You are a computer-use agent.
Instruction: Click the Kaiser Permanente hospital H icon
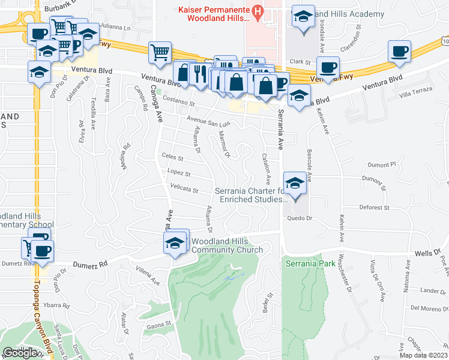coord(258,11)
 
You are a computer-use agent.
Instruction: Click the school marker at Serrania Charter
coord(294,184)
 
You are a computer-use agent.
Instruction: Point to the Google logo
coord(20,353)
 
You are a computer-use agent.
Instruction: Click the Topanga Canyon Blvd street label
coord(42,312)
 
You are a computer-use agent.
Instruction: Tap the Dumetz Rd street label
coord(90,264)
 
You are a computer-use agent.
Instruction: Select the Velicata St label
coord(184,190)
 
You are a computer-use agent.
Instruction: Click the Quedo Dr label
coord(297,218)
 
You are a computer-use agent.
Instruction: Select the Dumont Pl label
coord(382,164)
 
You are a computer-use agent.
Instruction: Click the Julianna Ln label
coord(115,27)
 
